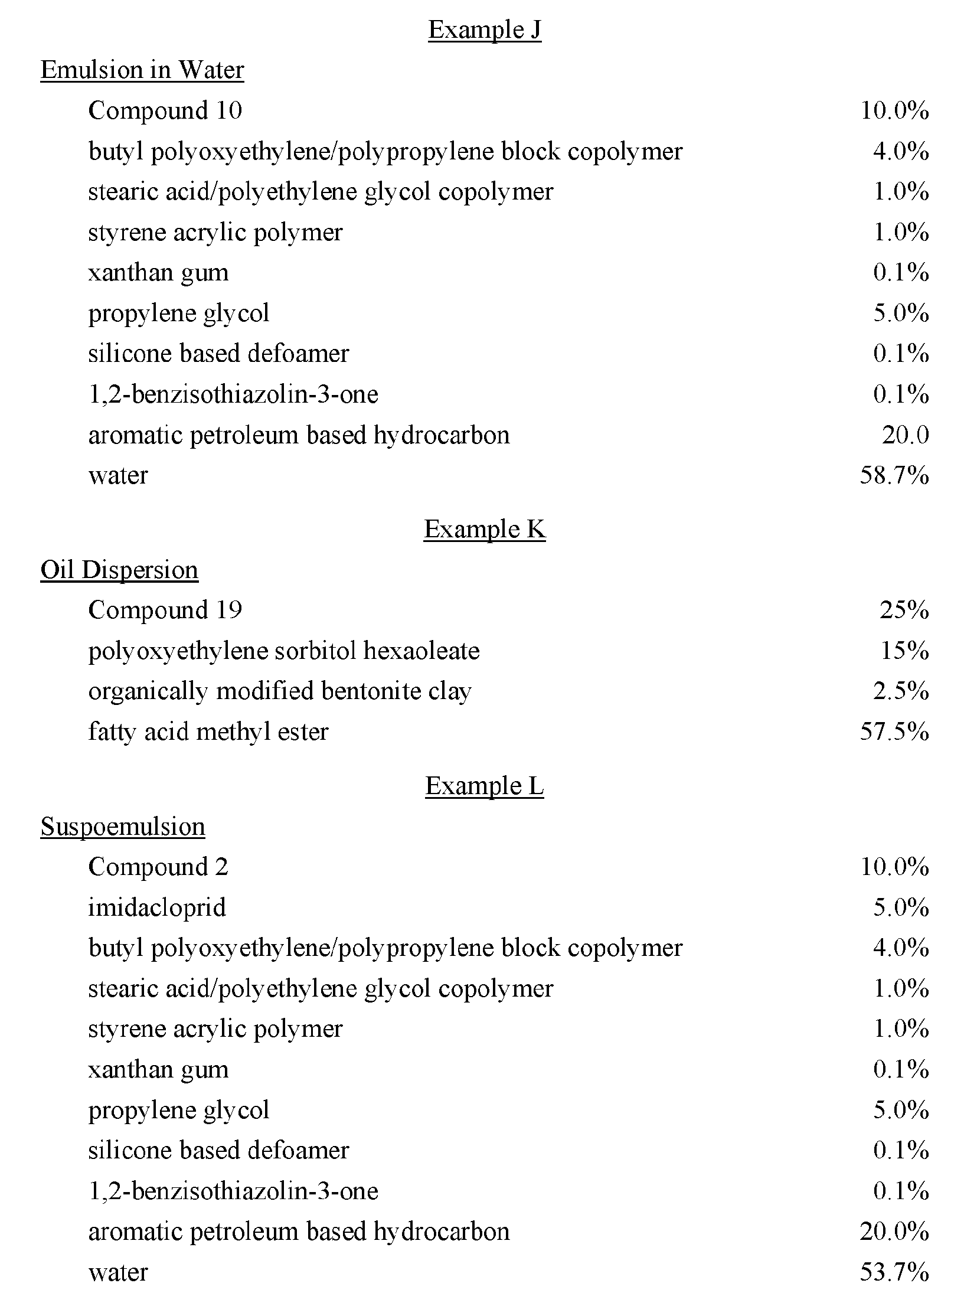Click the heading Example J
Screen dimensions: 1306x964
484,30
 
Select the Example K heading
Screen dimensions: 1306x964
484,529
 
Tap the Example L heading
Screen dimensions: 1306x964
484,786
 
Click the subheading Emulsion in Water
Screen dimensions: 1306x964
142,70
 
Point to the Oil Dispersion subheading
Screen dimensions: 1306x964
119,570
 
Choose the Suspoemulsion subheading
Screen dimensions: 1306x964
123,827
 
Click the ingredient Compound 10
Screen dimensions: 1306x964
165,111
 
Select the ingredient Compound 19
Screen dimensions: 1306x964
165,610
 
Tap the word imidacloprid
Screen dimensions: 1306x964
157,907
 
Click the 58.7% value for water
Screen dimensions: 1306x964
894,475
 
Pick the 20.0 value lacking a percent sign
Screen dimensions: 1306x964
905,435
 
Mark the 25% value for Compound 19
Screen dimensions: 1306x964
904,610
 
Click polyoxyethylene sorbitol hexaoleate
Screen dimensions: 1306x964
283,651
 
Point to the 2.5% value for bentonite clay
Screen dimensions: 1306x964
901,691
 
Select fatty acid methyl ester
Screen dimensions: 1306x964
208,732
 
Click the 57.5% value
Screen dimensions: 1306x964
894,732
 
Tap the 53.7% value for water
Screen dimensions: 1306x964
894,1272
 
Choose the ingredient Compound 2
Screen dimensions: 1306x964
158,867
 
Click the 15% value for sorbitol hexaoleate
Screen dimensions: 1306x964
904,651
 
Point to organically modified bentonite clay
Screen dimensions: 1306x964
279,691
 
